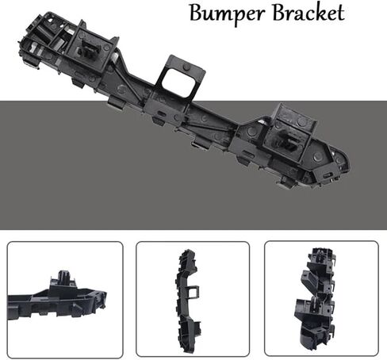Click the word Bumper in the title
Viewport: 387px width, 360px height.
tap(227, 13)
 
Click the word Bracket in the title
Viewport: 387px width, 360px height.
tap(308, 12)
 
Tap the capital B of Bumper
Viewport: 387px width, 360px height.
tap(197, 13)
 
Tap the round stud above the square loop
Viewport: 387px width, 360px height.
tap(187, 67)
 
